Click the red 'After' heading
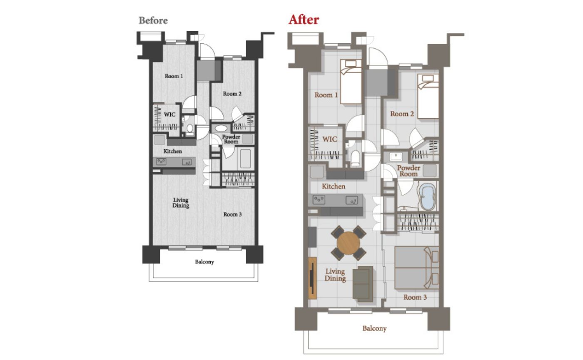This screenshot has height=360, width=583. click(304, 20)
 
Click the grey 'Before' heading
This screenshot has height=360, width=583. click(153, 20)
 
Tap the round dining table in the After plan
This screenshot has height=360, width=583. click(348, 243)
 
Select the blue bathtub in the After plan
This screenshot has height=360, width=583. click(428, 197)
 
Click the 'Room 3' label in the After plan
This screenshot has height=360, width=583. click(415, 297)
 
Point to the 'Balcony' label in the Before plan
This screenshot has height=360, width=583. click(204, 262)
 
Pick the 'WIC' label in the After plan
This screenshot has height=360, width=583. click(330, 139)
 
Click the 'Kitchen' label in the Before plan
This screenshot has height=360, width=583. click(172, 151)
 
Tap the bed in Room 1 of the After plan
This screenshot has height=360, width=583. click(351, 82)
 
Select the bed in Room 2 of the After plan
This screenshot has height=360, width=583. click(428, 96)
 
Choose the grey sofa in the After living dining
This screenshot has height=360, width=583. click(363, 283)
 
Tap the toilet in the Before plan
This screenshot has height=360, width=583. click(190, 128)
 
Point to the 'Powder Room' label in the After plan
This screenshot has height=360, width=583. click(409, 171)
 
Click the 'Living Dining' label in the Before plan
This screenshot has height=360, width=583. click(181, 203)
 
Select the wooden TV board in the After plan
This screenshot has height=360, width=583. click(312, 278)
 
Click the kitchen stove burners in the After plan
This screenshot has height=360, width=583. click(319, 200)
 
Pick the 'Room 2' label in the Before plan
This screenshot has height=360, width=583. click(232, 94)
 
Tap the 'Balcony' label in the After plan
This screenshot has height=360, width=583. click(374, 328)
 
